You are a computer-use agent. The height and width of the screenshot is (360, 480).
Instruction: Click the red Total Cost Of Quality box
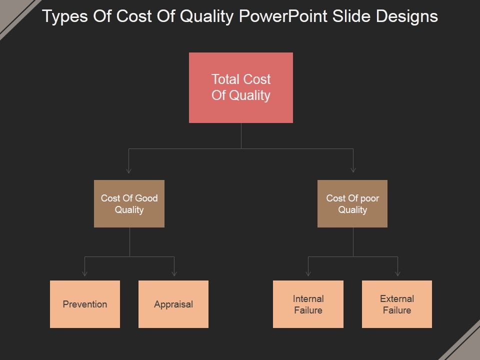[241, 87]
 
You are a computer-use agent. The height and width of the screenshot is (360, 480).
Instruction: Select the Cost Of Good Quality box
[129, 203]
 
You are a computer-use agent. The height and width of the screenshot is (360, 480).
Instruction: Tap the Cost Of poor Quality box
[352, 203]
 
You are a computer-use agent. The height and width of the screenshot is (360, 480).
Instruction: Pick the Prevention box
[85, 304]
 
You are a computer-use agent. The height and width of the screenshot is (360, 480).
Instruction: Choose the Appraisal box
[173, 304]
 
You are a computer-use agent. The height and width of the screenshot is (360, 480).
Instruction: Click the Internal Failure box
[308, 304]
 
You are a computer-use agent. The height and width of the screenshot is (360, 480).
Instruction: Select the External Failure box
[397, 304]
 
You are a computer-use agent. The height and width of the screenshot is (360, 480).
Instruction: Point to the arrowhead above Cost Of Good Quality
[129, 170]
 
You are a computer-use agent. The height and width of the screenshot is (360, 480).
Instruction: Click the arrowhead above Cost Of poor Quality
[353, 170]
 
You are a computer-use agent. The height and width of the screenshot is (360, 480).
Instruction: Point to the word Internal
[308, 298]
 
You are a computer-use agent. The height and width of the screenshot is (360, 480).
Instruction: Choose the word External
[397, 298]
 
